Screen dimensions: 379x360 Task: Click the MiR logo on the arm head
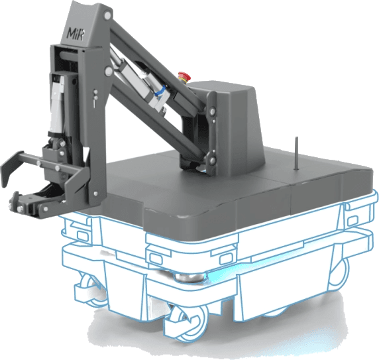(x=75, y=34)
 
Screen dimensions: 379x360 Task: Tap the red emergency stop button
(x=184, y=77)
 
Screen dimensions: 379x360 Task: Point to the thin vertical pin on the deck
(x=297, y=153)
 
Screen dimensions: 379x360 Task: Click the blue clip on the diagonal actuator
(x=160, y=92)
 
